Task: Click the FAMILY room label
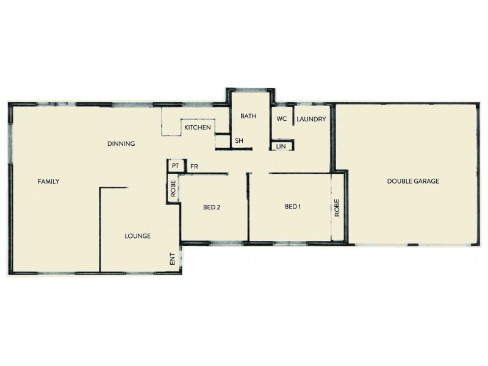click(x=48, y=181)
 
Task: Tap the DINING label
click(x=121, y=144)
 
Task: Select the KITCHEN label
click(x=198, y=127)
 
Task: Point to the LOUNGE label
click(x=137, y=236)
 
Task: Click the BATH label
click(x=248, y=116)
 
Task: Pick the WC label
click(x=282, y=119)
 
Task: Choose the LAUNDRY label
click(x=311, y=119)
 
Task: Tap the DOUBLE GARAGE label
click(x=413, y=181)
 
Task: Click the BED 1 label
click(x=293, y=207)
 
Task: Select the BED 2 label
click(x=212, y=207)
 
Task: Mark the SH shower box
click(x=239, y=141)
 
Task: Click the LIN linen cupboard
click(x=281, y=146)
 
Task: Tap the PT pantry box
click(x=175, y=166)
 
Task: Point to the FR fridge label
click(x=194, y=166)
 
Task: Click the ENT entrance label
click(x=173, y=259)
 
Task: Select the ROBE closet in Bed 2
click(x=173, y=188)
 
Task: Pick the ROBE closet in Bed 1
click(x=337, y=207)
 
